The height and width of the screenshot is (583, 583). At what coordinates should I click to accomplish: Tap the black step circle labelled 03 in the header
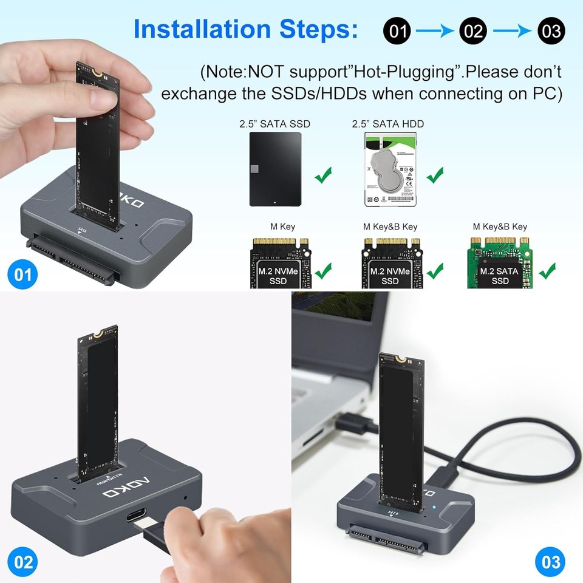(551, 30)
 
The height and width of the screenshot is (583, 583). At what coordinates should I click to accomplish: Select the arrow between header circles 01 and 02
(435, 30)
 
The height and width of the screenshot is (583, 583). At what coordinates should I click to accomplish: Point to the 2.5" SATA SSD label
(274, 124)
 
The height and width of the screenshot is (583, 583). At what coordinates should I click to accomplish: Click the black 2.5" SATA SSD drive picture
(274, 171)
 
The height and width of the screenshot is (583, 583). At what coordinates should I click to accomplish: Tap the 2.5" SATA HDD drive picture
(388, 171)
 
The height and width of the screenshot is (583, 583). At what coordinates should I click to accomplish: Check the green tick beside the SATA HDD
(435, 176)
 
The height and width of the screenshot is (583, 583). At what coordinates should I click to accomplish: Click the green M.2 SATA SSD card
(500, 263)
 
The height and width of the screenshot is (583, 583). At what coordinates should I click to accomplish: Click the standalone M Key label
(282, 227)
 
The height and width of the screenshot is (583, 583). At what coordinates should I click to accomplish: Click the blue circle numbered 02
(23, 562)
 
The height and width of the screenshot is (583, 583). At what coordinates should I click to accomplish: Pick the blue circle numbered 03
(550, 562)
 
